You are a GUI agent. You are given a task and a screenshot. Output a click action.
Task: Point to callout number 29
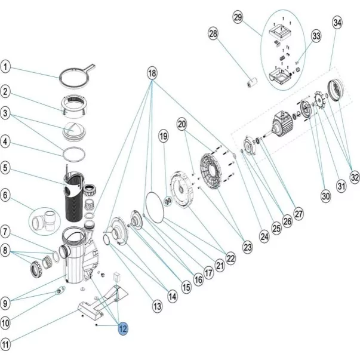coord(238,19)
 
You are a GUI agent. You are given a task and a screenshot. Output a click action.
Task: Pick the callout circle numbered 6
coord(6,195)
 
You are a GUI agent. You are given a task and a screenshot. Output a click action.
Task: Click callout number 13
coord(157,306)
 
